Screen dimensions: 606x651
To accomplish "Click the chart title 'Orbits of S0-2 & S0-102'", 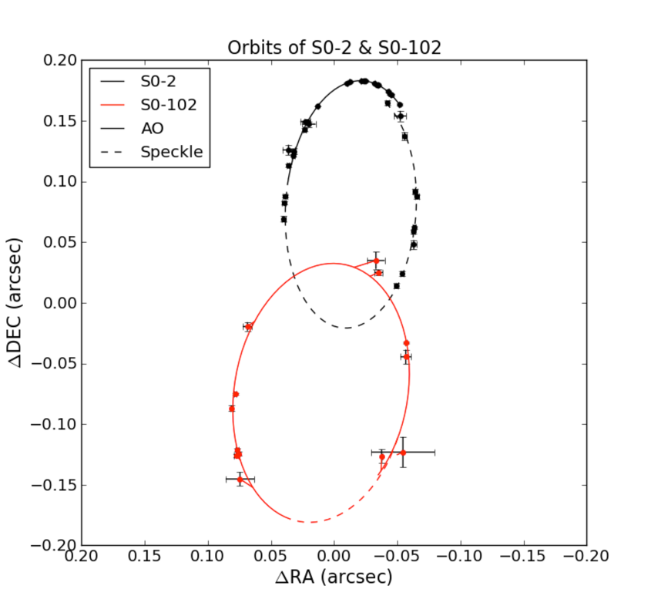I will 334,48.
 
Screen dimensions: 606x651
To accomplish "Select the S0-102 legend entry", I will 167,105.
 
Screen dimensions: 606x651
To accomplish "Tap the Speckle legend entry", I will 171,152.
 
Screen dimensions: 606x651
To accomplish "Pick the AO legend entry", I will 153,129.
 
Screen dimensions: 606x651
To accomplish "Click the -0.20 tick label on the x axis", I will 586,557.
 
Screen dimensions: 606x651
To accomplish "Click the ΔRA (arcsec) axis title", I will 334,577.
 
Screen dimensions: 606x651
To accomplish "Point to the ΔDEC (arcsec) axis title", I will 17,303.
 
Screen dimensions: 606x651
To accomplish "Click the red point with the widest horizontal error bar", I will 402,453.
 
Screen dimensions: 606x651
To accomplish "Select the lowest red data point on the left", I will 240,480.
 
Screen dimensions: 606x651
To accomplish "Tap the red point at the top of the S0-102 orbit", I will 376,261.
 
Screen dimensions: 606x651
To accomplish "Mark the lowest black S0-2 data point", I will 396,286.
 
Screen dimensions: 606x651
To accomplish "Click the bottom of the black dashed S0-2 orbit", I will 347,328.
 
